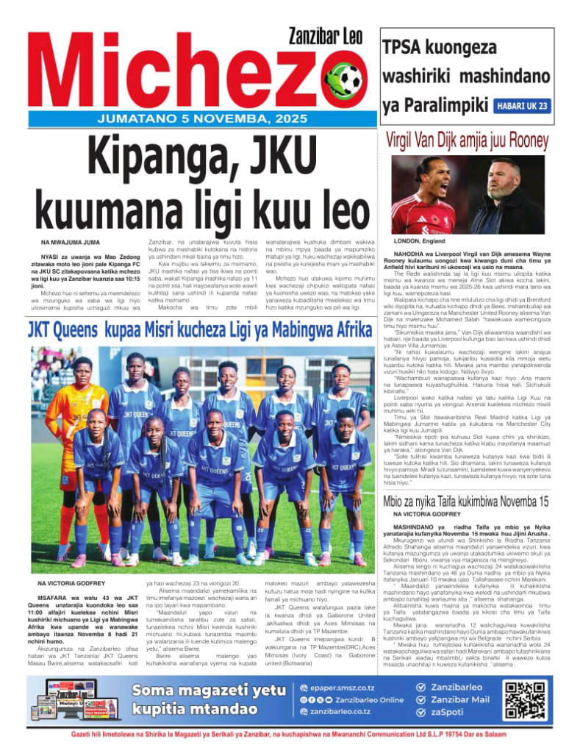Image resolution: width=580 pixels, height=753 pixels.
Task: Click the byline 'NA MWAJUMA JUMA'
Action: click(x=71, y=242)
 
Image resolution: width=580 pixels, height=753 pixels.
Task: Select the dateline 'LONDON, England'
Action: click(x=420, y=241)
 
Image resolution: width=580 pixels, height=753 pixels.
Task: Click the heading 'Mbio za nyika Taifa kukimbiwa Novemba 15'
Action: click(x=466, y=502)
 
